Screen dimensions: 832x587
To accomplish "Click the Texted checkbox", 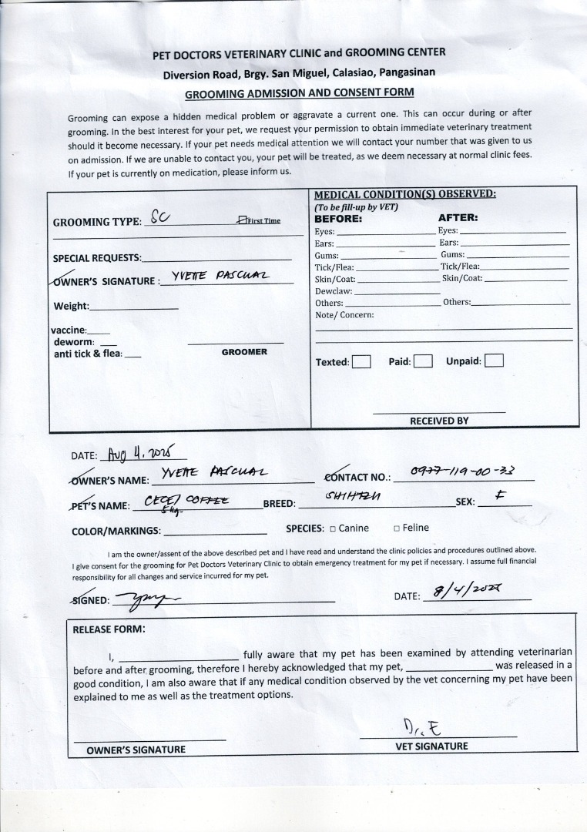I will coord(361,361).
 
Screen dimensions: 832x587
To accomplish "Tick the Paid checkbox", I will coord(422,361).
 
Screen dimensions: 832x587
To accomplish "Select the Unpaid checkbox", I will coord(494,361).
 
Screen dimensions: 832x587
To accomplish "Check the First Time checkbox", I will coord(243,220).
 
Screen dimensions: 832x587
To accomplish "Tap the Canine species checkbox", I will coord(333,528).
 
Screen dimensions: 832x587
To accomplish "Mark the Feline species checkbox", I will coord(396,528).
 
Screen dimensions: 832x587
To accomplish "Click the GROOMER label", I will coord(244,352).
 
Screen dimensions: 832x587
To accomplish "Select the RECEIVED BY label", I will coord(439,421).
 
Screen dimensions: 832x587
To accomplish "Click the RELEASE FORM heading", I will coord(109,629).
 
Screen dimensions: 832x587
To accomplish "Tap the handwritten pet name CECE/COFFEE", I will coord(187,501).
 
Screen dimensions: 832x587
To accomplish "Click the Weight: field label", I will coord(71,307).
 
